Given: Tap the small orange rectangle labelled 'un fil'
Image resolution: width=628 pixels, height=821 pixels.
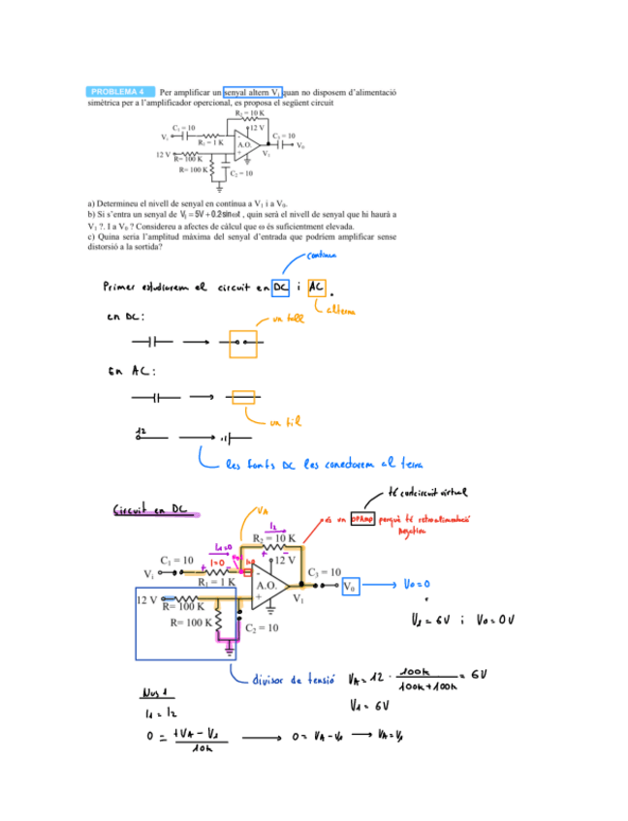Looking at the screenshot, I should (x=243, y=396).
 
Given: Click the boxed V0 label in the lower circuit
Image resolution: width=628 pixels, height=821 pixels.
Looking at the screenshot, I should (x=350, y=586).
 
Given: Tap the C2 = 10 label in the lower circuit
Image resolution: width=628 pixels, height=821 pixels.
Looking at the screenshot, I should (x=263, y=628).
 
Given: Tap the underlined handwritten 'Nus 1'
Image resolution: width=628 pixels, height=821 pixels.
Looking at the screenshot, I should (x=155, y=693).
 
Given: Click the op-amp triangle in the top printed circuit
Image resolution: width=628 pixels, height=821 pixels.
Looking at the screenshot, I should (x=246, y=144).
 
